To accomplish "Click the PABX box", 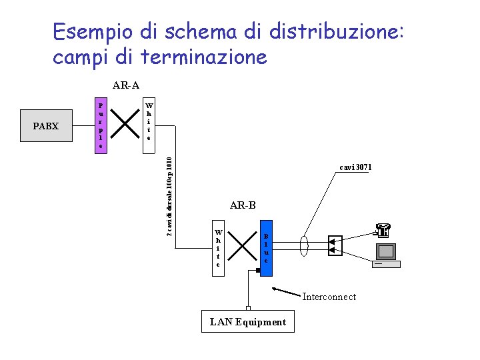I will pyautogui.click(x=46, y=126).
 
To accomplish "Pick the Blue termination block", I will pyautogui.click(x=266, y=248).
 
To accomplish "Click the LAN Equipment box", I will pyautogui.click(x=248, y=322).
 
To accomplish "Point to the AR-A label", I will pyautogui.click(x=125, y=85).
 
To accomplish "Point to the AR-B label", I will pyautogui.click(x=243, y=205).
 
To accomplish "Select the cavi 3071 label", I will pyautogui.click(x=355, y=167).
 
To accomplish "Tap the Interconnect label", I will pyautogui.click(x=329, y=297).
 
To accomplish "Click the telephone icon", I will pyautogui.click(x=383, y=230).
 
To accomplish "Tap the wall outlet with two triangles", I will pyautogui.click(x=335, y=245).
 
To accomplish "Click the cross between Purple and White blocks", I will pyautogui.click(x=124, y=122).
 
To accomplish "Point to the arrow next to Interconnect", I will pyautogui.click(x=286, y=292).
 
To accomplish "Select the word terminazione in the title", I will pyautogui.click(x=204, y=57).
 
